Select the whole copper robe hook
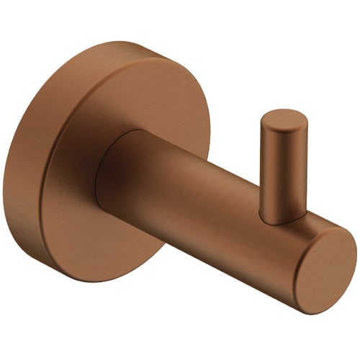point(180,180)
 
